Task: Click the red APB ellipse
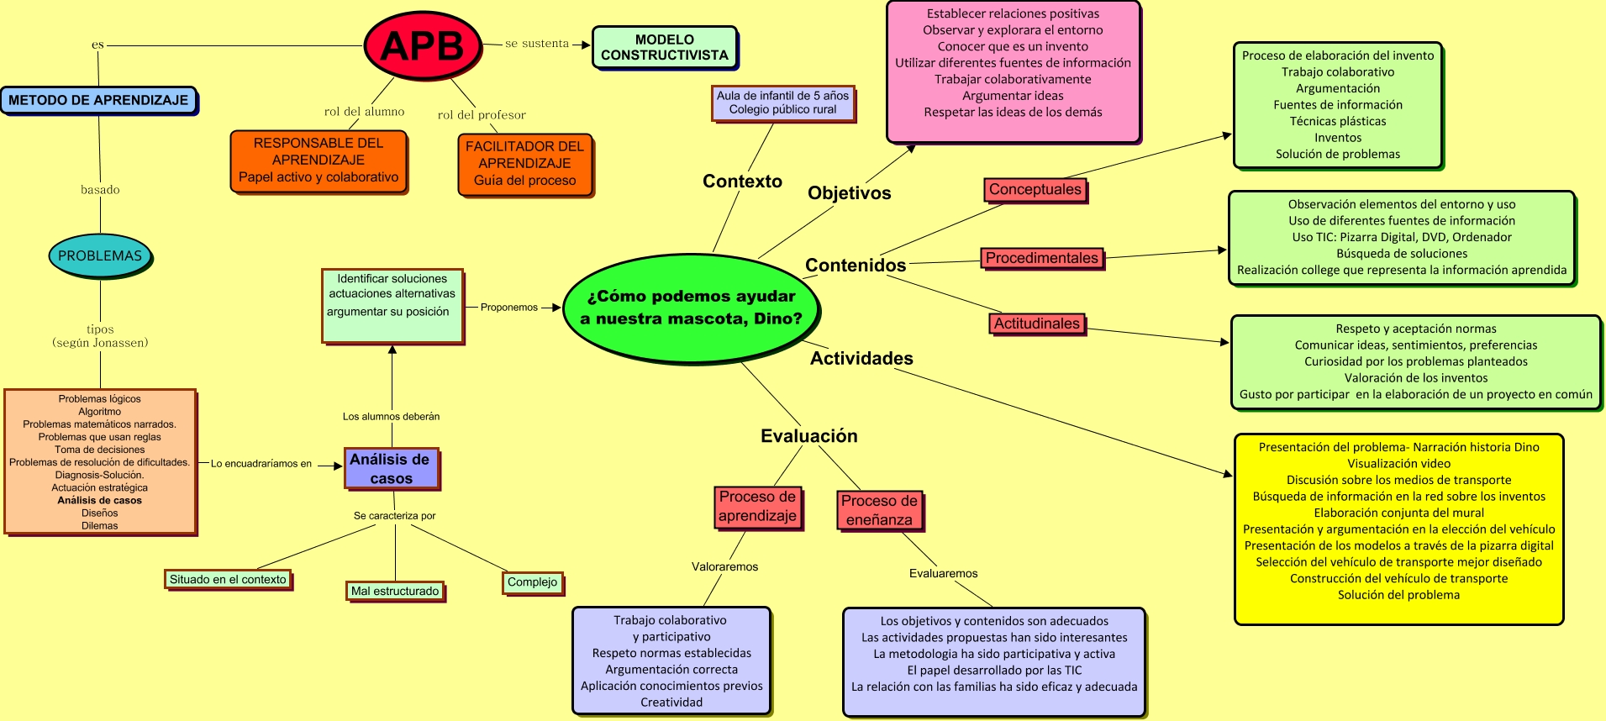423,45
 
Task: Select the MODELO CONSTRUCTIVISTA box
664,47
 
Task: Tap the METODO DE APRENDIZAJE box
98,100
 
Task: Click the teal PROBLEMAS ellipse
100,255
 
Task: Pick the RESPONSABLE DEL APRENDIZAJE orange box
319,161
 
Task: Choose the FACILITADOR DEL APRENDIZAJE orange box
524,164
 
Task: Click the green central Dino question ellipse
690,308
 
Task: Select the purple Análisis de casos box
391,469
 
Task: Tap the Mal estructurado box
395,591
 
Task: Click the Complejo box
532,582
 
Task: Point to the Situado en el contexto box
228,579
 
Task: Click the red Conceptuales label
1035,190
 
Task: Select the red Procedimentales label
1041,258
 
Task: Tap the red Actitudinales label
1036,324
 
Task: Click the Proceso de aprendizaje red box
757,507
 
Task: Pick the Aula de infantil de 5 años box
782,103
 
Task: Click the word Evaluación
808,436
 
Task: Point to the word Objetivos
849,193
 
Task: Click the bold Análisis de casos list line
99,500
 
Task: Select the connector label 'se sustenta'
536,44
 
